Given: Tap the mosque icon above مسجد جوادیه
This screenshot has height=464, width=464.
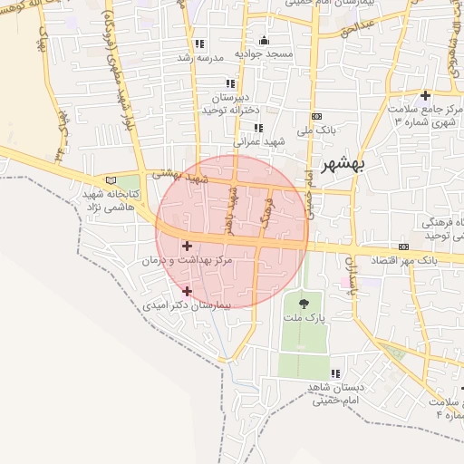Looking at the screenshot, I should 264,40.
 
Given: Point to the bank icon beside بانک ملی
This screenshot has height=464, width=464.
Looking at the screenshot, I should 315,116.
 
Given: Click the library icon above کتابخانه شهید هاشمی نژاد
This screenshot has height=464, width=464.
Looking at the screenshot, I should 111,179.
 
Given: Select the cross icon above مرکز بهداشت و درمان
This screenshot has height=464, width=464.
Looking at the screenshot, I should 187,246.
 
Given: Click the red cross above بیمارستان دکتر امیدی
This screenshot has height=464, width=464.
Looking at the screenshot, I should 187,291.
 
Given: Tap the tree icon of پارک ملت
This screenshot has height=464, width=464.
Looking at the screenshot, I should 303,303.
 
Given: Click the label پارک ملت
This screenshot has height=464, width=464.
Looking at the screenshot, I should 303,319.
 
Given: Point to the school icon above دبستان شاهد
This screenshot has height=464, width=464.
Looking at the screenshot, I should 335,373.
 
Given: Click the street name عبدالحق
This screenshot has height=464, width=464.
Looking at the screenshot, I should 356,29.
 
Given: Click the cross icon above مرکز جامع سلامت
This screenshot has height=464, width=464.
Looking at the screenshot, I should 425,95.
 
